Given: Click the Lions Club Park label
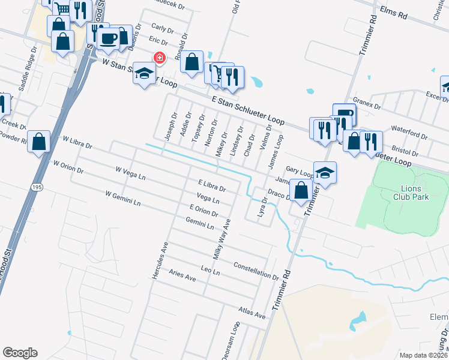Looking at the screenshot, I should (411, 192).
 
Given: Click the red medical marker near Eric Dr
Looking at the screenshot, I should (160, 58).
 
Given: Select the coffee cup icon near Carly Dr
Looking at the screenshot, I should (109, 38).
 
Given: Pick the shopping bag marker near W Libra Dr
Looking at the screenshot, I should (39, 142).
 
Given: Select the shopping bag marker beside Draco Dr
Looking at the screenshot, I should (301, 190).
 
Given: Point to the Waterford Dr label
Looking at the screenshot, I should (409, 131).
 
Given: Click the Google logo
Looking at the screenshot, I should (20, 353).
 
